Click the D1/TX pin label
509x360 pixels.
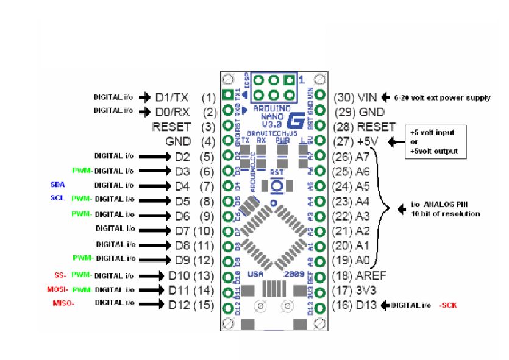(173, 97)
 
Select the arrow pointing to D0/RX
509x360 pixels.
(144, 112)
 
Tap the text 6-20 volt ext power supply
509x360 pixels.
(437, 97)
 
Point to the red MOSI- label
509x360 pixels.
(59, 290)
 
